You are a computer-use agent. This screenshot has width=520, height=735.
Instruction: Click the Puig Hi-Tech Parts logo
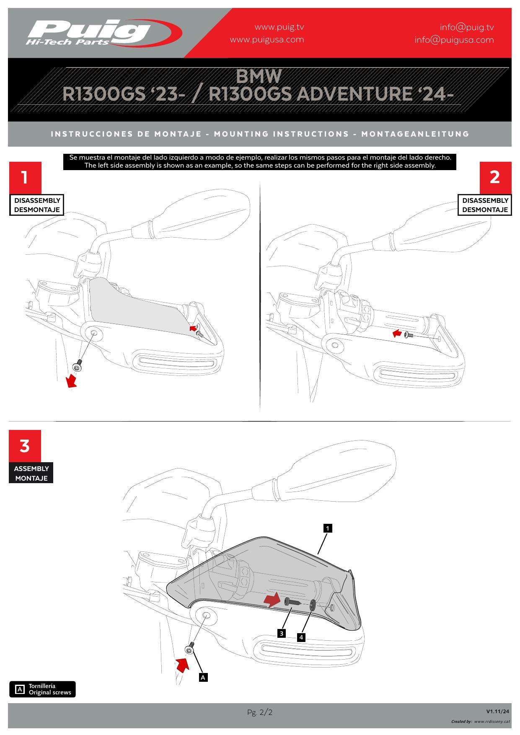[103, 32]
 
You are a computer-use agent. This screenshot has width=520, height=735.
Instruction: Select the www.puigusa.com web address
[267, 40]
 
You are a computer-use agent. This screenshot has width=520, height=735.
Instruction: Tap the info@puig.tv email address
[467, 28]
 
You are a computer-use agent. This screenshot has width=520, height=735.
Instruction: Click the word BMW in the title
[259, 76]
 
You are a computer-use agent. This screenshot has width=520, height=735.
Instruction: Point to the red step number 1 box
[25, 177]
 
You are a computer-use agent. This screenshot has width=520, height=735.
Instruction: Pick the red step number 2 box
[495, 177]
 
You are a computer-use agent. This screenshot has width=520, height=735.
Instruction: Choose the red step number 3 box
[25, 446]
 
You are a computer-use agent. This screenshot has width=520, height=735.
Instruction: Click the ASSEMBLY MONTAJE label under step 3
[31, 473]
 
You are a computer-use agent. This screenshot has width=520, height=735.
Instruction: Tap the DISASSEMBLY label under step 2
[485, 200]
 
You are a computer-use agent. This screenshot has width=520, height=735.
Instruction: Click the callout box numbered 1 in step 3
[328, 528]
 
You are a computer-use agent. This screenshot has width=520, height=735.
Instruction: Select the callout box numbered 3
[282, 633]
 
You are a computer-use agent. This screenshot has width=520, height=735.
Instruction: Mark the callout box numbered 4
[301, 638]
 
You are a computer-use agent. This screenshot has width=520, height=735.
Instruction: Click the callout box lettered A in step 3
[203, 677]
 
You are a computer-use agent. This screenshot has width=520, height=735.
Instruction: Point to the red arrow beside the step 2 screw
[396, 334]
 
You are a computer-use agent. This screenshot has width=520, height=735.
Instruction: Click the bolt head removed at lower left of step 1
[78, 366]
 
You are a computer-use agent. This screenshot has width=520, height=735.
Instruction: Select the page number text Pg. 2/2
[260, 712]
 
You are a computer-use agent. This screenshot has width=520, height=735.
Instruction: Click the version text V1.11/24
[498, 711]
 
